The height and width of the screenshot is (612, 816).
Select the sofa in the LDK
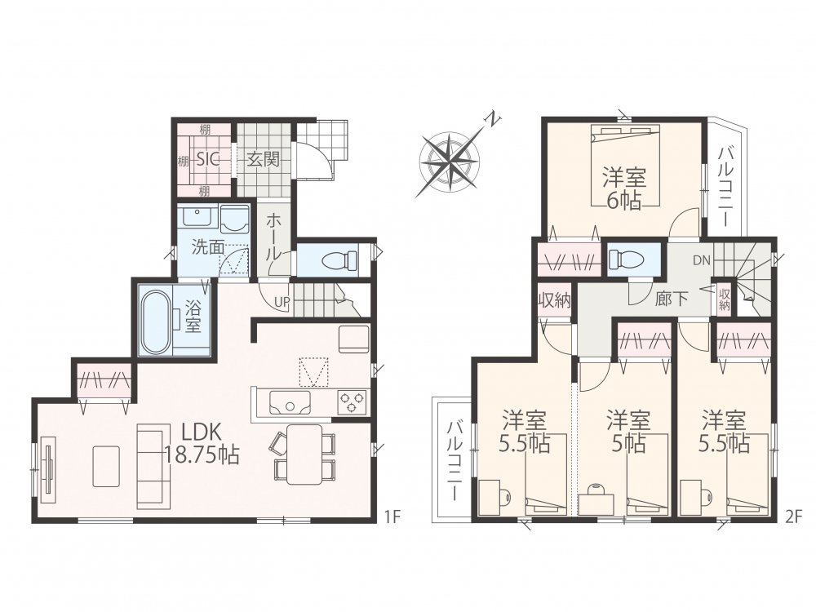pyautogui.click(x=153, y=466)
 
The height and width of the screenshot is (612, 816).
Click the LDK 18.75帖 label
pyautogui.click(x=202, y=443)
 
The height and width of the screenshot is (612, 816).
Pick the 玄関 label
pyautogui.click(x=263, y=159)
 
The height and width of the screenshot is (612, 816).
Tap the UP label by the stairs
pyautogui.click(x=282, y=301)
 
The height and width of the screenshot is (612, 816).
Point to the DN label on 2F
pyautogui.click(x=702, y=261)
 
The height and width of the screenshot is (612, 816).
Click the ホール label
pyautogui.click(x=273, y=237)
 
